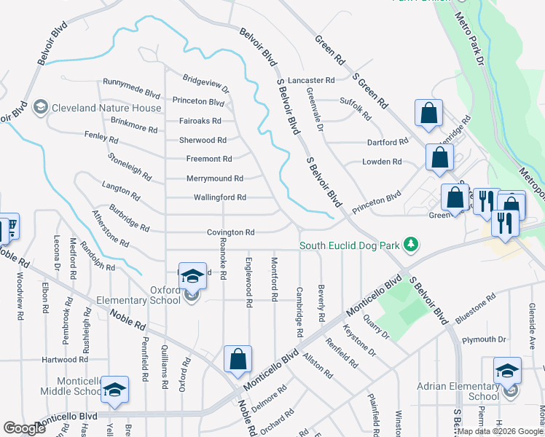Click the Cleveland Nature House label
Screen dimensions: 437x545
[106, 109]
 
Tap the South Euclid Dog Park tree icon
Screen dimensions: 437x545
[412, 245]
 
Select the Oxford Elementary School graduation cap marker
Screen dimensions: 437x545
[192, 275]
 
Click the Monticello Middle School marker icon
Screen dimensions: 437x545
[114, 390]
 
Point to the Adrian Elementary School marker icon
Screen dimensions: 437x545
[507, 370]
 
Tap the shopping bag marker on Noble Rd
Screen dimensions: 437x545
[238, 359]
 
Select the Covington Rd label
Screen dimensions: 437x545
[230, 232]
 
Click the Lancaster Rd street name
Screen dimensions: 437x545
[311, 80]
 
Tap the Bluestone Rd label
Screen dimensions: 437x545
[475, 307]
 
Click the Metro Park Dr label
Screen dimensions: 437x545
[474, 43]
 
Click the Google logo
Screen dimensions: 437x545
[25, 428]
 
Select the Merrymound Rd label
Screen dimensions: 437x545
[215, 178]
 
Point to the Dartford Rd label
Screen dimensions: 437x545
[388, 143]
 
